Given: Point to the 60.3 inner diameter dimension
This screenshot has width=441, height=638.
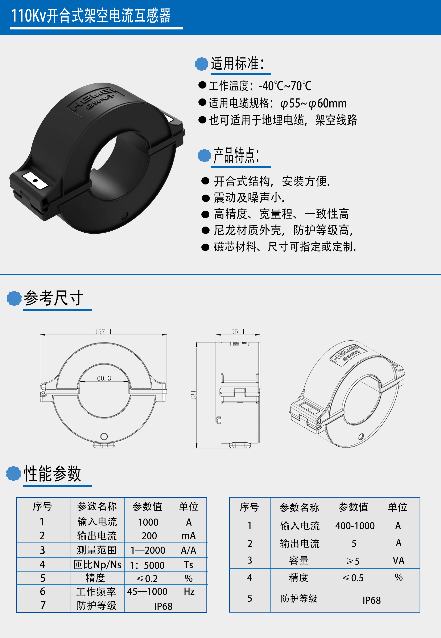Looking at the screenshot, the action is coord(104,378).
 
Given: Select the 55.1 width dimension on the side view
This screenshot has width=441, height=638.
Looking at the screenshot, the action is coord(238,332).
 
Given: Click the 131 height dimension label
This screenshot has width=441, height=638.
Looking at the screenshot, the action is coord(193,395).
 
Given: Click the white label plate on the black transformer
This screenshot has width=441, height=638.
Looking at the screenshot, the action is coord(35,180).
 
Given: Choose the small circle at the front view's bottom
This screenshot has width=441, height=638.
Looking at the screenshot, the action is coord(104,436).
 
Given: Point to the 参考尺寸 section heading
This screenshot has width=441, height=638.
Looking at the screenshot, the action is coord(53,298).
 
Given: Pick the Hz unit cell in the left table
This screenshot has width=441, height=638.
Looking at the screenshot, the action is coord(189,591).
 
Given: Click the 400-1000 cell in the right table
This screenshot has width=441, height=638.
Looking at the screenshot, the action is coord(355,525).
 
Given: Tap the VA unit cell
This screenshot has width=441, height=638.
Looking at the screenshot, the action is coord(399,560).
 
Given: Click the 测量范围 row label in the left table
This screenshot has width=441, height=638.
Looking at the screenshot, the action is coord(96,550).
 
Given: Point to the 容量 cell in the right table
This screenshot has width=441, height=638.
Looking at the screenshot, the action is coord(299,560).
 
